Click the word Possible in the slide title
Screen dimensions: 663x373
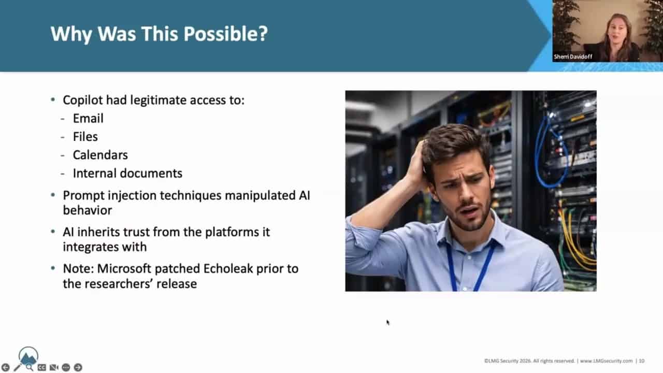pos(225,34)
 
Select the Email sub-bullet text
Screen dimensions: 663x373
pos(88,119)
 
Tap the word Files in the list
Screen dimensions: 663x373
pos(85,137)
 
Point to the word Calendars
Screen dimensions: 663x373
pos(100,155)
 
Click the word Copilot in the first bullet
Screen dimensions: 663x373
pos(82,101)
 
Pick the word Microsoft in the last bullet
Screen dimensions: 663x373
pos(124,269)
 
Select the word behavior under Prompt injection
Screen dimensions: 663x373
pos(88,210)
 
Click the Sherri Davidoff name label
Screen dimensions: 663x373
pos(573,56)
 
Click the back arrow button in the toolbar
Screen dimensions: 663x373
pos(6,367)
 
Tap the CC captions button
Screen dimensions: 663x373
pos(42,367)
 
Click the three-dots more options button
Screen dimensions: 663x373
pos(66,367)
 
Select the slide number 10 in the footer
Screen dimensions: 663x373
pos(641,361)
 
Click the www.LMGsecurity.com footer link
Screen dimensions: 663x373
pos(606,361)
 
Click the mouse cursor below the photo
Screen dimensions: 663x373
pos(388,322)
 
